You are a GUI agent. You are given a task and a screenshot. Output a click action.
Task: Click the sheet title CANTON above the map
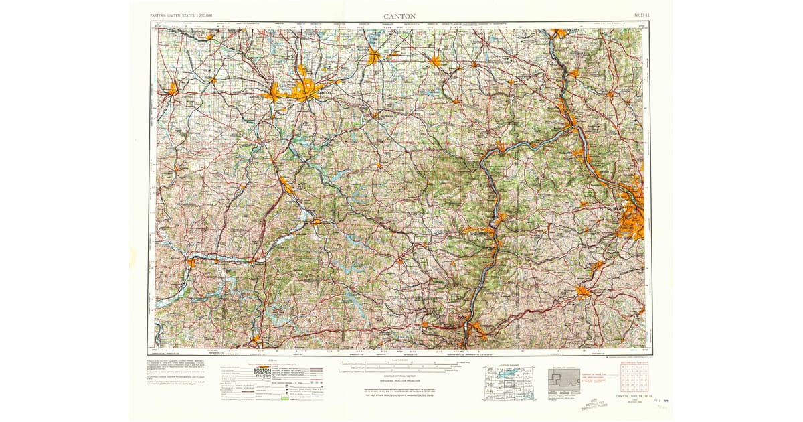point(399,15)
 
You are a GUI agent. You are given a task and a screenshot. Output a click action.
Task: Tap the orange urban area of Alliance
point(373,57)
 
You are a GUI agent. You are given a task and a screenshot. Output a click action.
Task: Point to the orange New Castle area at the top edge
point(559,32)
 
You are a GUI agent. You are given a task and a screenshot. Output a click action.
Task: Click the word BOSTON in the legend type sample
point(262,369)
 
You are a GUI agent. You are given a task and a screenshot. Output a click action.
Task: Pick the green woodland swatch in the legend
point(284,399)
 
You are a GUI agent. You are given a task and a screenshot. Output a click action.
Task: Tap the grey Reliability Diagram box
point(564,382)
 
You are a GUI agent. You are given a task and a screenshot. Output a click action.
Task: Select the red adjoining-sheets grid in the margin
point(634,378)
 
